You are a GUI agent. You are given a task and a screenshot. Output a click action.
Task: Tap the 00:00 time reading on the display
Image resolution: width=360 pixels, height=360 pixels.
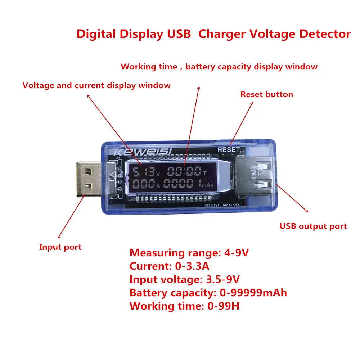point(184,171)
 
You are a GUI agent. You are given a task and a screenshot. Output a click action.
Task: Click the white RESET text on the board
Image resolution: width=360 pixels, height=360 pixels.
point(228,149)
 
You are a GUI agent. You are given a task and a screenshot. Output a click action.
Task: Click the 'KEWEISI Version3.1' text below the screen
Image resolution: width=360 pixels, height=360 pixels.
point(220,206)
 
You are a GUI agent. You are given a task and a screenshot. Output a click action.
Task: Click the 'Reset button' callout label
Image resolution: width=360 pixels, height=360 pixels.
point(267,95)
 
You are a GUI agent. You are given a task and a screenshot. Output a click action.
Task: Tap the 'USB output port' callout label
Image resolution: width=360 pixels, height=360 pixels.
point(313,226)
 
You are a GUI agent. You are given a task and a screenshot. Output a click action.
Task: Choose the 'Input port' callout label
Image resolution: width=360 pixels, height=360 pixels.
point(60,247)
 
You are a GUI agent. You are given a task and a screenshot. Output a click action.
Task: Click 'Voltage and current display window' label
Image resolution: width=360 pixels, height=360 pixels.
point(96,86)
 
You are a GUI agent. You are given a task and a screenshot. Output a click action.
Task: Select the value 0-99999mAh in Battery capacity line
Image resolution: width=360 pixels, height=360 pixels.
point(253,293)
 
